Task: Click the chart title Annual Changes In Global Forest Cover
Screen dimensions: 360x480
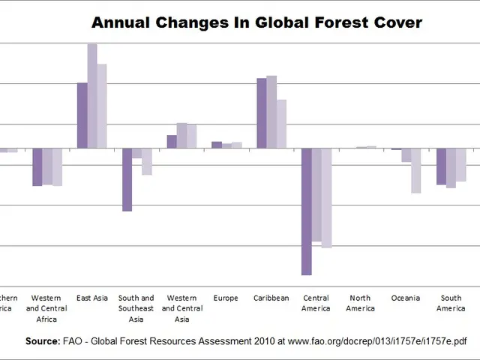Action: pos(256,22)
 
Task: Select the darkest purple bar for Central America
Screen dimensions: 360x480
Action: pos(307,211)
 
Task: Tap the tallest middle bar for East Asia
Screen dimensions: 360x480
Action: pos(92,96)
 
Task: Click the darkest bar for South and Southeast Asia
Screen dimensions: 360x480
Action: pos(127,180)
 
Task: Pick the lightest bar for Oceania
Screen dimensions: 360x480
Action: pos(415,171)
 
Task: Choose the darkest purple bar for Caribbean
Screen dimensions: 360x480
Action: pos(262,113)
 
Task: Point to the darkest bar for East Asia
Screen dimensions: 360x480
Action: pos(82,115)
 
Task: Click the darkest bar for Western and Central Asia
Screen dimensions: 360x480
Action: pos(172,142)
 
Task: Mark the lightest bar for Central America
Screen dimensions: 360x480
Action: pos(326,198)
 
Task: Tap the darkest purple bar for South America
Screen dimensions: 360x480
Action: pos(442,166)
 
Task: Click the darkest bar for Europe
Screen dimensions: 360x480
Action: pos(217,145)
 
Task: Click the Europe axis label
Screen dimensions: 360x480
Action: pos(226,298)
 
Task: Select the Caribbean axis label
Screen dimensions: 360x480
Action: pos(271,298)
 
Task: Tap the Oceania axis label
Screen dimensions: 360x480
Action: pos(406,298)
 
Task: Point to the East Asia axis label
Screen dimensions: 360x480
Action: pos(92,298)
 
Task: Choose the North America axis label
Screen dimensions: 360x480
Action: pos(361,303)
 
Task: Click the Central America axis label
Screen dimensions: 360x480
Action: pos(316,303)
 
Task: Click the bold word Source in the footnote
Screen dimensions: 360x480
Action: pos(42,341)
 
